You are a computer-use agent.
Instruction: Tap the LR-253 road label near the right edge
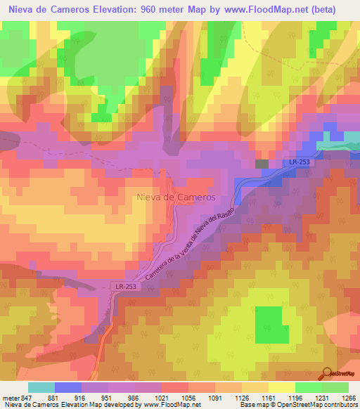click(298, 162)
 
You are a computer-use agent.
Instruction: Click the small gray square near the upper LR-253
click(262, 164)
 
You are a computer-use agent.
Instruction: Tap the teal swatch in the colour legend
click(41, 387)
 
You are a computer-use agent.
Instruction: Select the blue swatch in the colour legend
click(68, 387)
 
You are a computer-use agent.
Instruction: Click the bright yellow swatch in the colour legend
click(281, 387)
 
